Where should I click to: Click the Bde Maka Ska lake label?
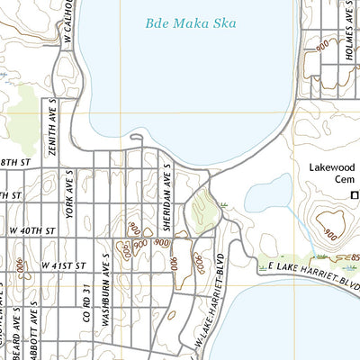pyautogui.click(x=191, y=23)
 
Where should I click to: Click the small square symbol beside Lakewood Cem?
pyautogui.click(x=354, y=194)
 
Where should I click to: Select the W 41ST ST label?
pyautogui.click(x=64, y=266)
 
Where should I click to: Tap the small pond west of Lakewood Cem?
pyautogui.click(x=268, y=192)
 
